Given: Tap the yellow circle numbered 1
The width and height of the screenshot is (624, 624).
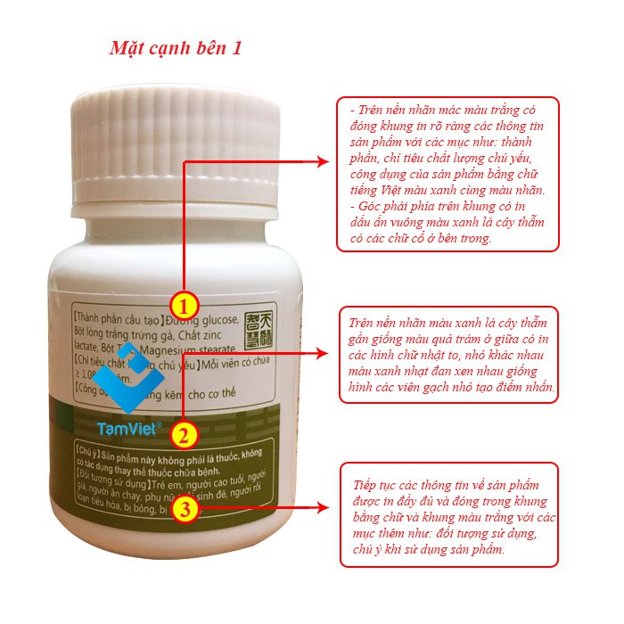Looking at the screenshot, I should [184, 305].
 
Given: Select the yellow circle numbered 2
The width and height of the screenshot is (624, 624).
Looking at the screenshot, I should [183, 436].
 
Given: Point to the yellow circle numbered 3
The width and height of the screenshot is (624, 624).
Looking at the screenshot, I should [184, 509].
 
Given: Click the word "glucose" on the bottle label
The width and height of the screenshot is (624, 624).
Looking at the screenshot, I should [215, 321].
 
